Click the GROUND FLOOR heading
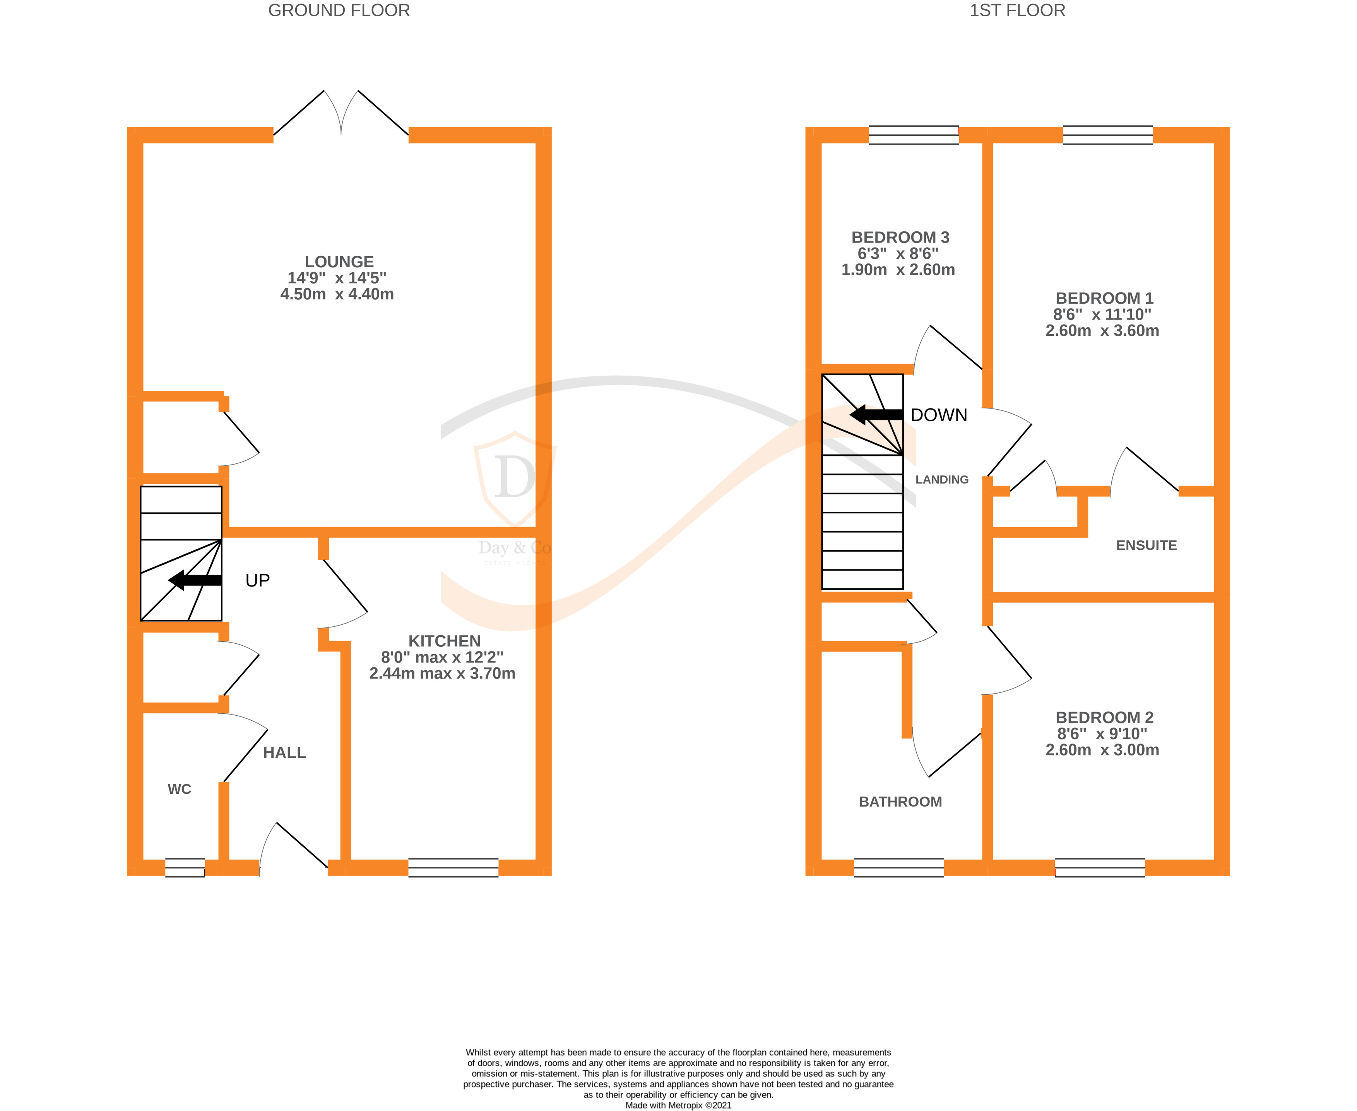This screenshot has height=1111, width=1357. click(339, 11)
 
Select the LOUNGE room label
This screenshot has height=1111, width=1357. click(339, 262)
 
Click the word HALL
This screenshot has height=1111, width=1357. click(284, 753)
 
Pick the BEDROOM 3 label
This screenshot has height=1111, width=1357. click(900, 238)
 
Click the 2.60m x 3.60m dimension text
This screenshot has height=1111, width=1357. click(1102, 331)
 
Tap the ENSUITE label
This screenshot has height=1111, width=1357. click(1146, 546)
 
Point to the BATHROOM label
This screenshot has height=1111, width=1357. click(900, 802)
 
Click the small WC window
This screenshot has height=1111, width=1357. click(185, 867)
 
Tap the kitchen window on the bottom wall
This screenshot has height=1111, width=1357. click(453, 867)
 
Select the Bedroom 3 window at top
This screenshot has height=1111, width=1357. click(914, 135)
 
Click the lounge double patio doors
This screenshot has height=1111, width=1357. click(341, 115)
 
